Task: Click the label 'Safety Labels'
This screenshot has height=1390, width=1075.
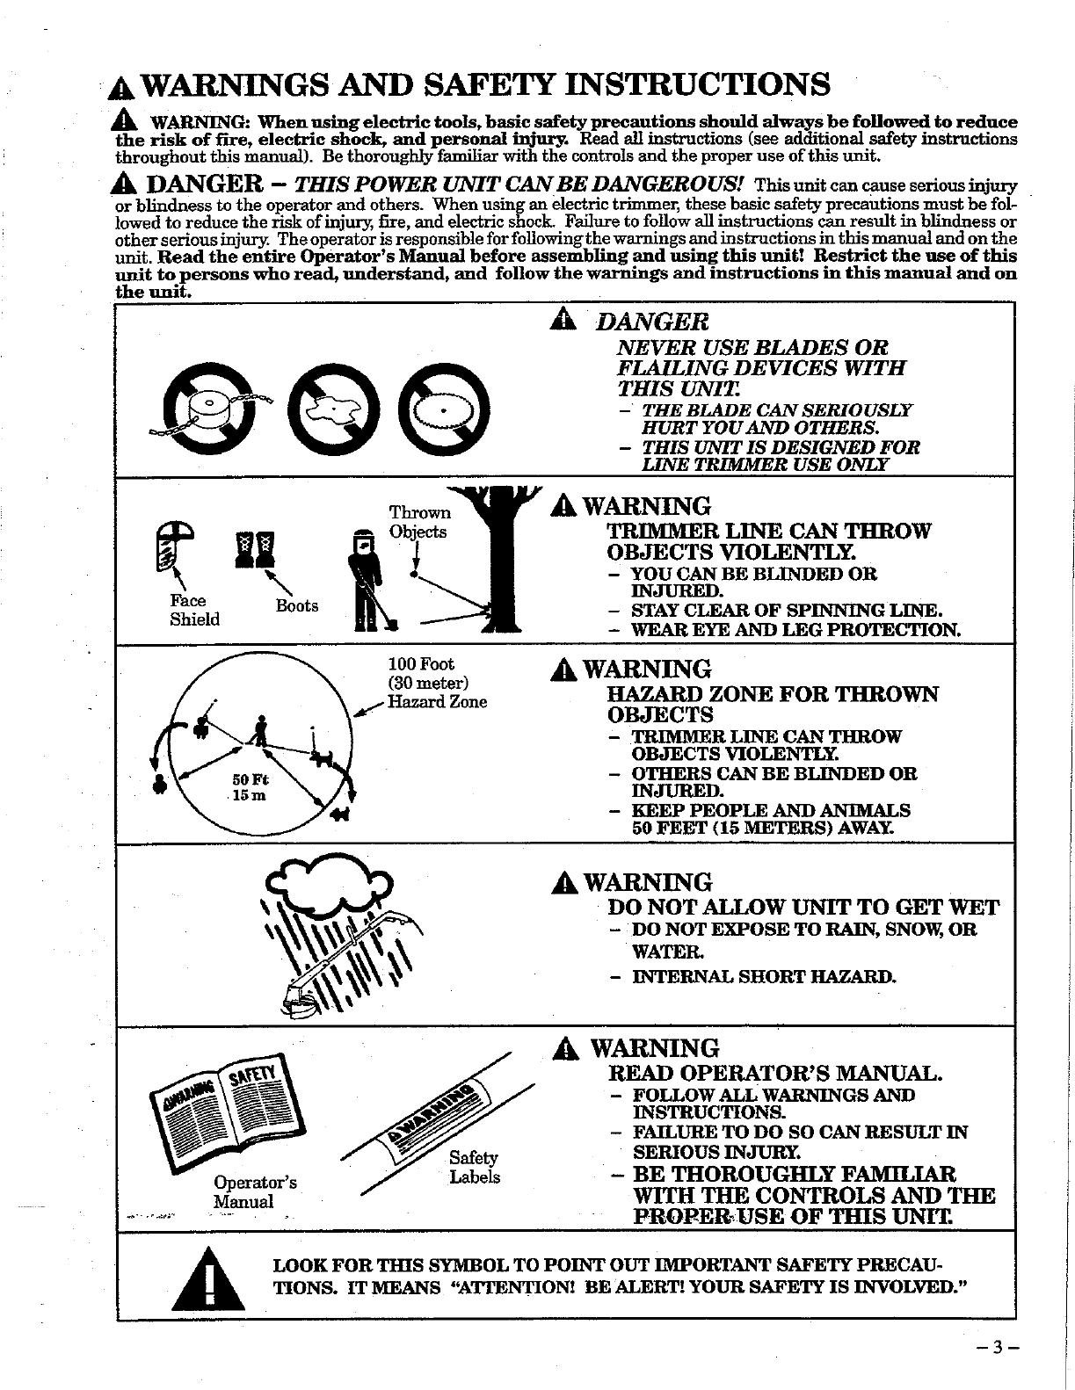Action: click(x=474, y=1168)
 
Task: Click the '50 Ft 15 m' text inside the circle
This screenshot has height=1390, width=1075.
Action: click(x=250, y=788)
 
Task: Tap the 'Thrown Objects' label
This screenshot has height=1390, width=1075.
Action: click(x=418, y=522)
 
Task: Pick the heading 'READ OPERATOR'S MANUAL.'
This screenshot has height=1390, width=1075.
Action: click(x=775, y=1073)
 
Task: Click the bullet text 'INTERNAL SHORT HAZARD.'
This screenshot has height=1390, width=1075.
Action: click(x=764, y=976)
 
